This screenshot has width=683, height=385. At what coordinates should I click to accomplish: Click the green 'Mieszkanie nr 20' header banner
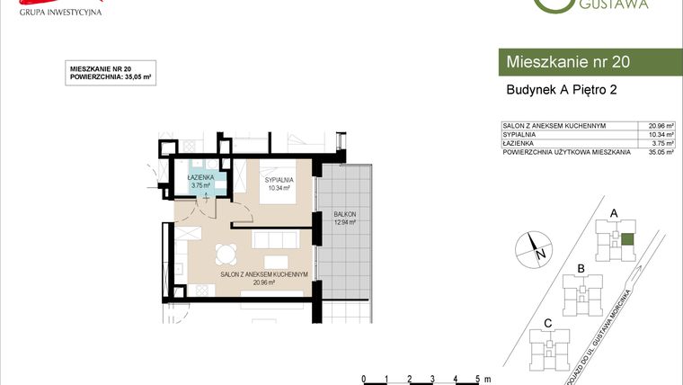pyautogui.click(x=589, y=62)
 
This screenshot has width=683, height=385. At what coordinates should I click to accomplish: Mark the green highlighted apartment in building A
pyautogui.click(x=626, y=239)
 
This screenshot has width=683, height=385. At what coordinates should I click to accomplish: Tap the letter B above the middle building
pyautogui.click(x=581, y=269)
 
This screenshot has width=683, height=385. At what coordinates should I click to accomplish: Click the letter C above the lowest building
pyautogui.click(x=546, y=323)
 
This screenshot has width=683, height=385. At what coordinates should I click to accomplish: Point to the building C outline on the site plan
pyautogui.click(x=547, y=347)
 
